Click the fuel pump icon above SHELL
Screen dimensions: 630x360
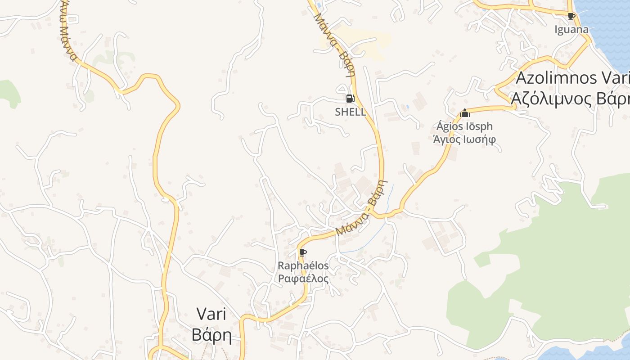[350, 99]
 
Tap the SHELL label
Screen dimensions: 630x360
[351, 112]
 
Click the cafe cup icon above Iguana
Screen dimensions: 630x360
[571, 17]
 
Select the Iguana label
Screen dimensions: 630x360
[571, 30]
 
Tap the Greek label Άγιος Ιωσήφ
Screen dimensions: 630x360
[464, 139]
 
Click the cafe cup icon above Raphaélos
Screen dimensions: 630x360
[303, 252]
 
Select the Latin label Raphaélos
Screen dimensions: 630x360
[303, 266]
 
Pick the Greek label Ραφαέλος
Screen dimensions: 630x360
[303, 279]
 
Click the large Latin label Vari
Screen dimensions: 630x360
[211, 314]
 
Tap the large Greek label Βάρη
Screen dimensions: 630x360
[211, 335]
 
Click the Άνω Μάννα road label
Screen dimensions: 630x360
[67, 31]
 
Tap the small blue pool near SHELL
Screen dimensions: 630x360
[407, 107]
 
